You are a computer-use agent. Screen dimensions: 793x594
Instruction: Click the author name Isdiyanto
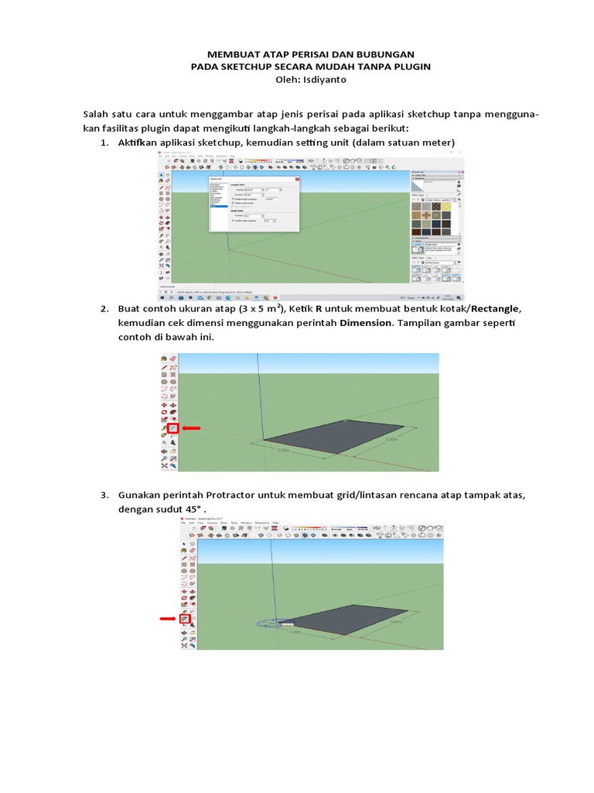click(326, 80)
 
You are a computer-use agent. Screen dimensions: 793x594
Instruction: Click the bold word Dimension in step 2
click(365, 322)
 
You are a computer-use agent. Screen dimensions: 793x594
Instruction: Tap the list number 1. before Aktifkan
click(105, 143)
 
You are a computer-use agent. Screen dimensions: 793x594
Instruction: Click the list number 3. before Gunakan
click(105, 494)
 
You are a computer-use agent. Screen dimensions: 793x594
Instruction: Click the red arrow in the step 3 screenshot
click(168, 619)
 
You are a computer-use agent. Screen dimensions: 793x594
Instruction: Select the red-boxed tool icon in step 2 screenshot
click(174, 427)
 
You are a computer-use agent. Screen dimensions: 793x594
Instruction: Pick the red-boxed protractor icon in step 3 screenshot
click(185, 619)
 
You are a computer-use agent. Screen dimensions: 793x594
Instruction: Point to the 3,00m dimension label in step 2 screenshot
click(282, 448)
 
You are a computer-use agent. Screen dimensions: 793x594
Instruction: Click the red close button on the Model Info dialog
click(297, 179)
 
